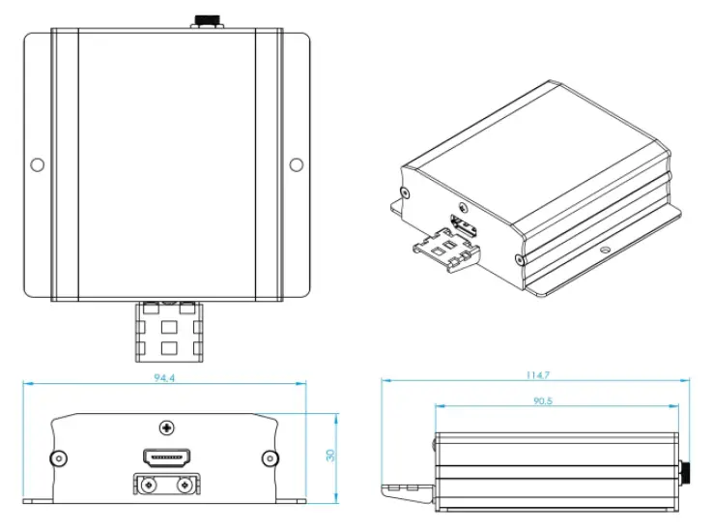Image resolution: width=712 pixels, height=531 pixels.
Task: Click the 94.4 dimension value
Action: point(164,377)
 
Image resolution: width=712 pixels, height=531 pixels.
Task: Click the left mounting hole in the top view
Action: point(37,164)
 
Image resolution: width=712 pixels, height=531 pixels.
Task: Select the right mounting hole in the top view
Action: point(296,164)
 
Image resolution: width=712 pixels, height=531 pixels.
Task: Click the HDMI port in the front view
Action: point(165,456)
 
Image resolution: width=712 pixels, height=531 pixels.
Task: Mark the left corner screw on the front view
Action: point(59,457)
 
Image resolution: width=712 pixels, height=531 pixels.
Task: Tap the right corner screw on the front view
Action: point(270,457)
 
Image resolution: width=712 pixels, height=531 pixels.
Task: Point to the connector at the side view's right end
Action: point(685,472)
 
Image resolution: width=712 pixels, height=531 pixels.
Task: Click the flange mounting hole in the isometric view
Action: point(606,250)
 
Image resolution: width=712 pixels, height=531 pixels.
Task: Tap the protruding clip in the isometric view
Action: point(450,252)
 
